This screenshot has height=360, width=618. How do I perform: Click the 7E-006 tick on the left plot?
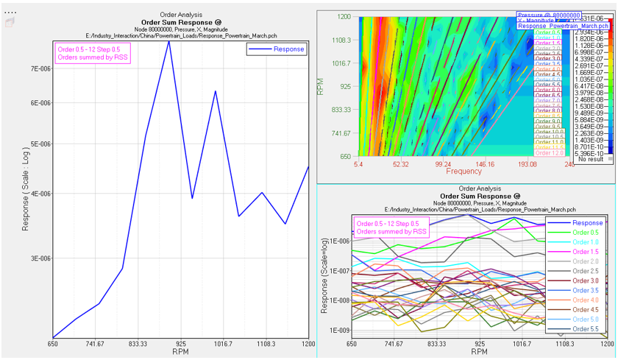[38, 68]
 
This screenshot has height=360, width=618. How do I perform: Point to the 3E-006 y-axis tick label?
[38, 258]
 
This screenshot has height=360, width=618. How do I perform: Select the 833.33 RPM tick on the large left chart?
[138, 344]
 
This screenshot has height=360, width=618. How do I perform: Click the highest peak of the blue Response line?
[169, 41]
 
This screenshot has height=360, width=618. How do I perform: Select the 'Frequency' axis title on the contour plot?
[464, 171]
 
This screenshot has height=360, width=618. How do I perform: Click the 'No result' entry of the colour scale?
[592, 158]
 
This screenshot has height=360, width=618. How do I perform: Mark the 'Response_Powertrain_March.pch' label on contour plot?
[553, 26]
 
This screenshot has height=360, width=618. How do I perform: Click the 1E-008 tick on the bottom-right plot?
[337, 300]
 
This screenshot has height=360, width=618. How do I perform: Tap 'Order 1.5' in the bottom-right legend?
[586, 252]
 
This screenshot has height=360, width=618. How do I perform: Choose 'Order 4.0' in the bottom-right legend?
[586, 300]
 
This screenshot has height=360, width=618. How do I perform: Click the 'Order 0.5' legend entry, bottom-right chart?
[586, 233]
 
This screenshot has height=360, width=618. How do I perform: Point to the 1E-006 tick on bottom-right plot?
[337, 241]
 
